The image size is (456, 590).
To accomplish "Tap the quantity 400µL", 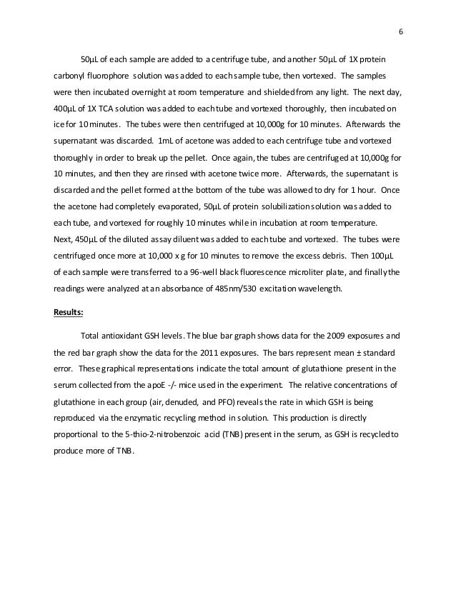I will [66, 108].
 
